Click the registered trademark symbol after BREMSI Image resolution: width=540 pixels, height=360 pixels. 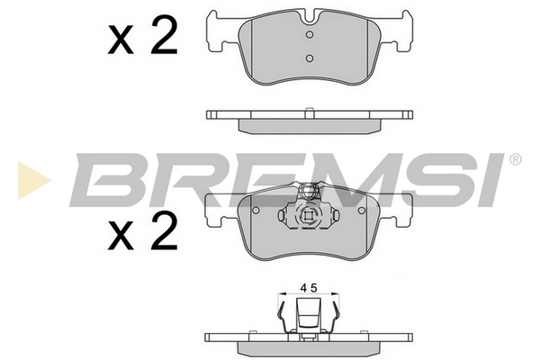[515, 160]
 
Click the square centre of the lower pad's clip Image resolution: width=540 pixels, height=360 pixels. [308, 217]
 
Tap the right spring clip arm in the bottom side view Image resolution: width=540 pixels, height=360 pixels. [333, 319]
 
